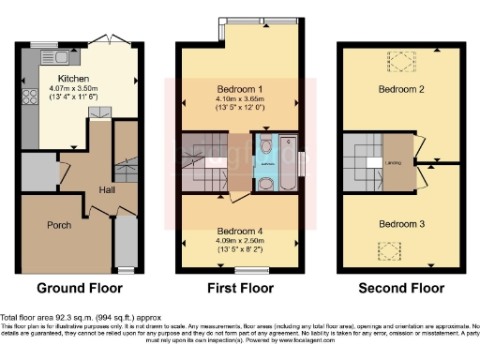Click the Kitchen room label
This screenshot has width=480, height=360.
73,79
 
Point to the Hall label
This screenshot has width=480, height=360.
107,190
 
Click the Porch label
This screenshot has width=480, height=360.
60,225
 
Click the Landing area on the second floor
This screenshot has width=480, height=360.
394,158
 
